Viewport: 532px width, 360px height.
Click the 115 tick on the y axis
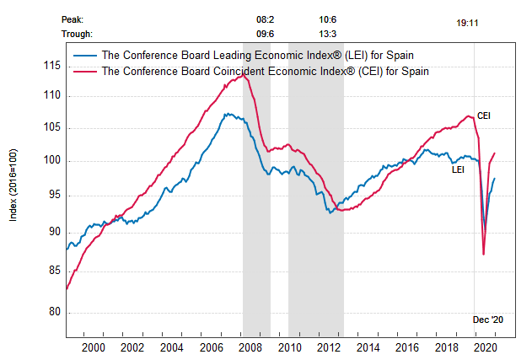tap(53, 66)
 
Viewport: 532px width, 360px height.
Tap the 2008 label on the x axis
tap(250, 347)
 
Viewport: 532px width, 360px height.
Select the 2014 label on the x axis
tap(368, 347)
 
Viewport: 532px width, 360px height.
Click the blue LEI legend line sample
tap(84, 56)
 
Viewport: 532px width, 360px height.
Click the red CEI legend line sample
tap(84, 72)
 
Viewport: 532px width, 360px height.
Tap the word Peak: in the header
tap(73, 19)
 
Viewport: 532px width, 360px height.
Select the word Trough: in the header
tap(78, 34)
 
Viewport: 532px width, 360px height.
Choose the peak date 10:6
tap(329, 19)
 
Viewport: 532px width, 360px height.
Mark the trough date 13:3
tap(329, 34)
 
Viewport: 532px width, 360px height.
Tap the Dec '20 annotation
tap(487, 320)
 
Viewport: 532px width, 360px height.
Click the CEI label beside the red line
tap(484, 116)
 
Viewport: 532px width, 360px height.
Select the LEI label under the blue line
tap(459, 169)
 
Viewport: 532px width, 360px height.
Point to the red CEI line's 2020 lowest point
tap(483, 254)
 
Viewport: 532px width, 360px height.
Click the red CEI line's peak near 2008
tap(244, 75)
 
